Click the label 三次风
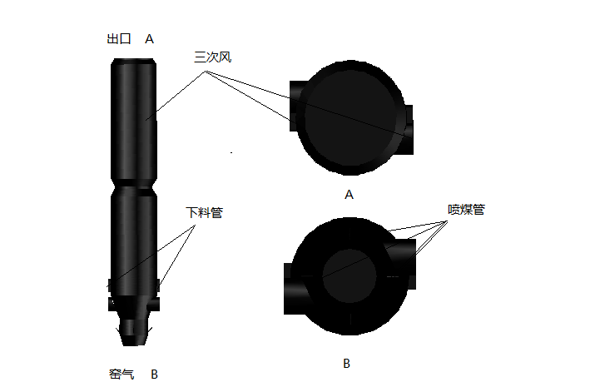[x=211, y=57]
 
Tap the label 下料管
[x=204, y=212]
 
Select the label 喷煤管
[x=466, y=210]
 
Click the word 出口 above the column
[x=120, y=39]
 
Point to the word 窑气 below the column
[x=121, y=374]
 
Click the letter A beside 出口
[x=150, y=39]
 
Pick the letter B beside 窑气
[x=154, y=374]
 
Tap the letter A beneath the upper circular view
[x=349, y=195]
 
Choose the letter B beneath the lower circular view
[x=346, y=364]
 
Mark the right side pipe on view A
[x=409, y=131]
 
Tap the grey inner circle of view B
[x=349, y=275]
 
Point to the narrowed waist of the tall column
[x=134, y=185]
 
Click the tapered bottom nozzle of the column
[x=134, y=333]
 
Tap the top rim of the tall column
[x=134, y=61]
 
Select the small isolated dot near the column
[x=231, y=152]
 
